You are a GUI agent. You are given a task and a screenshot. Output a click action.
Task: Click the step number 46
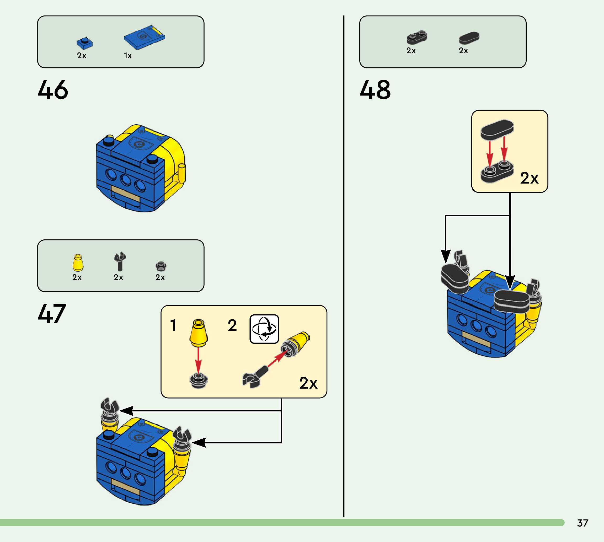(53, 90)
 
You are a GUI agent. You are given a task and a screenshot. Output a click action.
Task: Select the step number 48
(375, 90)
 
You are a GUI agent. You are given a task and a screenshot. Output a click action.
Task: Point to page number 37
(582, 523)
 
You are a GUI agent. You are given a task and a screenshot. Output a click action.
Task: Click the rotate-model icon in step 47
(264, 329)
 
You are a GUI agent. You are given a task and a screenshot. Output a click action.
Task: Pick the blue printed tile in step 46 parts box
(144, 37)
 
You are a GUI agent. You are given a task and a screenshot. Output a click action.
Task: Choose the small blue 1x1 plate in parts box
(85, 43)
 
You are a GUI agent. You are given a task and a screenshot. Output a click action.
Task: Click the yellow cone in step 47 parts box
(78, 263)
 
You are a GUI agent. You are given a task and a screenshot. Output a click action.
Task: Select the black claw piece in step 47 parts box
(119, 261)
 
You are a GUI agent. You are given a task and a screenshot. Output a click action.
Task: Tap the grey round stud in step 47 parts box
(161, 266)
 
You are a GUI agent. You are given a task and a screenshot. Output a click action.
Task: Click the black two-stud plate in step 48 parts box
(417, 37)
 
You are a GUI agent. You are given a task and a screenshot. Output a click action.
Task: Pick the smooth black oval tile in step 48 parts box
(469, 38)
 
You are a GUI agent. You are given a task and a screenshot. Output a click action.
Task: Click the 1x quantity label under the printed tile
(128, 56)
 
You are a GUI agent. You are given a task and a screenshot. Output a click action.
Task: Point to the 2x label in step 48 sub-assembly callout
(529, 178)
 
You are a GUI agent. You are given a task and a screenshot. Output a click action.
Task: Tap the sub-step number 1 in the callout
(173, 325)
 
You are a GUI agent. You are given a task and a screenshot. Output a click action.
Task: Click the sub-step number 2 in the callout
(232, 325)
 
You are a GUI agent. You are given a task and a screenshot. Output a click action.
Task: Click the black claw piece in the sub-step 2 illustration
(253, 378)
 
